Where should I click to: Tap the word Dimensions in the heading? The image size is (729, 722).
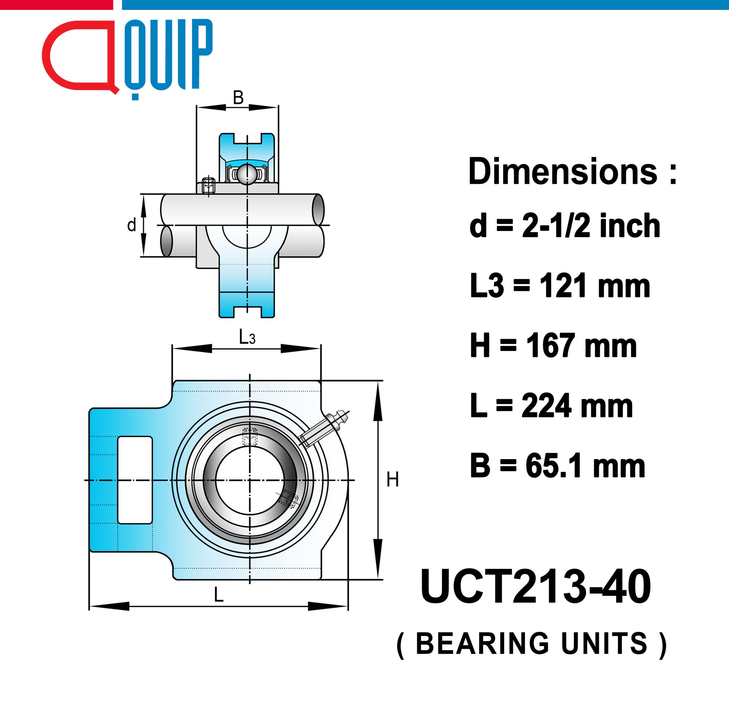click(563, 172)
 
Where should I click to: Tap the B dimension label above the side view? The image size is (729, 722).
click(238, 98)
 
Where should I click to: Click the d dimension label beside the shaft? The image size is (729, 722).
click(131, 225)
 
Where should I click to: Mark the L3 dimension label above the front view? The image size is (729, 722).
click(247, 337)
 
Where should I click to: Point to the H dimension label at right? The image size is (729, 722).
click(393, 479)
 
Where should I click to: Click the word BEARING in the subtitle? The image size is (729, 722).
click(483, 644)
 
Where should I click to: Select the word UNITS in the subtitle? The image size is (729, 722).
click(604, 644)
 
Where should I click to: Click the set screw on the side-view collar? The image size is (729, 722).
click(208, 186)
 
